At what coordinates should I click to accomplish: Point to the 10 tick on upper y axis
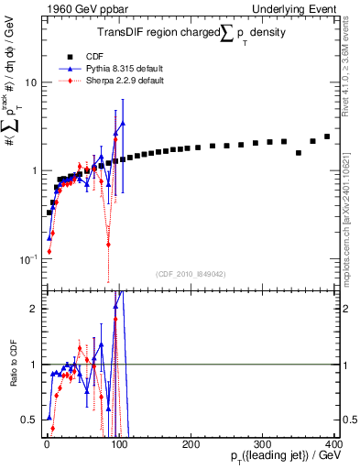click(29, 82)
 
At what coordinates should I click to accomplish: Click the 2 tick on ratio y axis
click(33, 309)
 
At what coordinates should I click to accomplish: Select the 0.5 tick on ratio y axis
click(29, 420)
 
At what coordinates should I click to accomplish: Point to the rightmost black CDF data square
click(327, 136)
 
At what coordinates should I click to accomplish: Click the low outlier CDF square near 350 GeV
click(299, 152)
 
